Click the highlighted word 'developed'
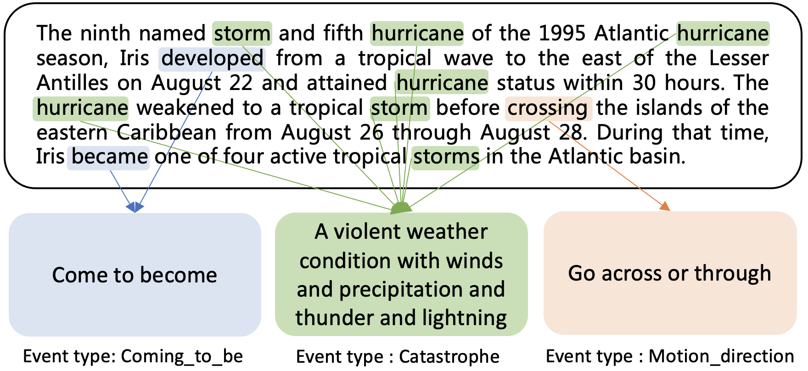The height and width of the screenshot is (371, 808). point(212,59)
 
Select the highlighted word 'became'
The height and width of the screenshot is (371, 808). point(109,157)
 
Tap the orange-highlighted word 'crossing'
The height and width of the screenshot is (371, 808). point(549,108)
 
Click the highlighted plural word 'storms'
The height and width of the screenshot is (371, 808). point(445,157)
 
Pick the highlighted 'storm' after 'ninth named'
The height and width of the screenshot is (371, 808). point(242,34)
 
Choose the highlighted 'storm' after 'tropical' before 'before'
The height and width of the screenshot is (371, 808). point(400,108)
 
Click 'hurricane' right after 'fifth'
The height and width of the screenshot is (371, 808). point(417,34)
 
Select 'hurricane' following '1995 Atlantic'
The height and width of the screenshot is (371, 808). point(723,34)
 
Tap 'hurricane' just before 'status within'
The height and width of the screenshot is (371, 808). point(442,83)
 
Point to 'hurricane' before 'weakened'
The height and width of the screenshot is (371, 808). point(81,108)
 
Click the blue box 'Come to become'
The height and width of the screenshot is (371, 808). point(135,275)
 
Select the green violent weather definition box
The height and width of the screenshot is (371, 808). point(401,274)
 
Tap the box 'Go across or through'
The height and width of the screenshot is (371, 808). point(670,273)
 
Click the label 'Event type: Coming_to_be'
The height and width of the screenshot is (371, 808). point(133,356)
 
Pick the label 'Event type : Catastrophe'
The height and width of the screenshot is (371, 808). point(398,356)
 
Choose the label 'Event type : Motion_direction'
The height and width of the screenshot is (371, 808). point(670,356)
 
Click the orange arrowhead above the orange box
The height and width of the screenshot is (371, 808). point(665,206)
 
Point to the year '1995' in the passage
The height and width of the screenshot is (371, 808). point(563,34)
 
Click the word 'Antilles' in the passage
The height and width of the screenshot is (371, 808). point(73,83)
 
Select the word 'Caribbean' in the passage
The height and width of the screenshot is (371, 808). point(167,133)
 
